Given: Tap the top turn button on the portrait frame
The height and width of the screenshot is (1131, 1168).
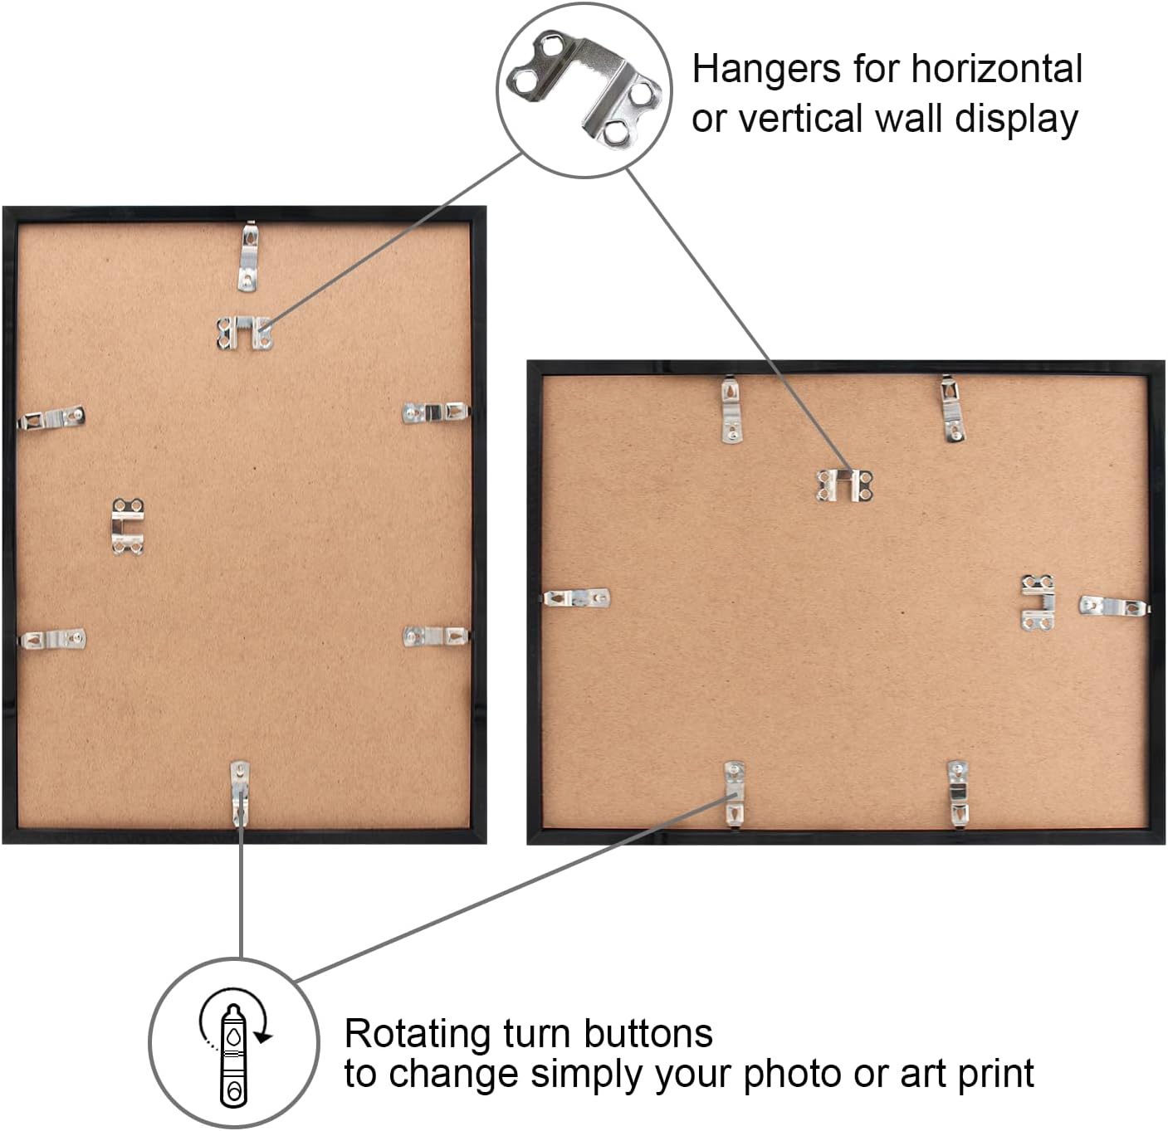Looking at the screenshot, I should click(247, 256).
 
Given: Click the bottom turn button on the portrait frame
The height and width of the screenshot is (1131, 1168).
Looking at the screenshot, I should click(240, 794).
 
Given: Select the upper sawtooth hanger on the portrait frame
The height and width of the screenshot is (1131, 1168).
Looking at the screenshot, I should click(244, 333).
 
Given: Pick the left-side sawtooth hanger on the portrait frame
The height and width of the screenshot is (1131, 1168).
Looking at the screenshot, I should click(129, 526).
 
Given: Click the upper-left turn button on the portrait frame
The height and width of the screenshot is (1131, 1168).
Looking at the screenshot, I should click(51, 418).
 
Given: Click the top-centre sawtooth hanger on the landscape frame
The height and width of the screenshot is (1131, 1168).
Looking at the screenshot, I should click(844, 485).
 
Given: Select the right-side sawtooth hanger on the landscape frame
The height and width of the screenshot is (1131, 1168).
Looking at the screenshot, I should click(1038, 602).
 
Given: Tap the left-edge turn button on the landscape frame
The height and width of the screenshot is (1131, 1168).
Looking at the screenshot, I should click(576, 597).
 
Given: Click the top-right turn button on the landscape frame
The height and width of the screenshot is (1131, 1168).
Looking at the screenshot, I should click(953, 409).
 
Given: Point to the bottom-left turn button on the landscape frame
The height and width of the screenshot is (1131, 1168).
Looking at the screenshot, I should click(733, 794).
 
